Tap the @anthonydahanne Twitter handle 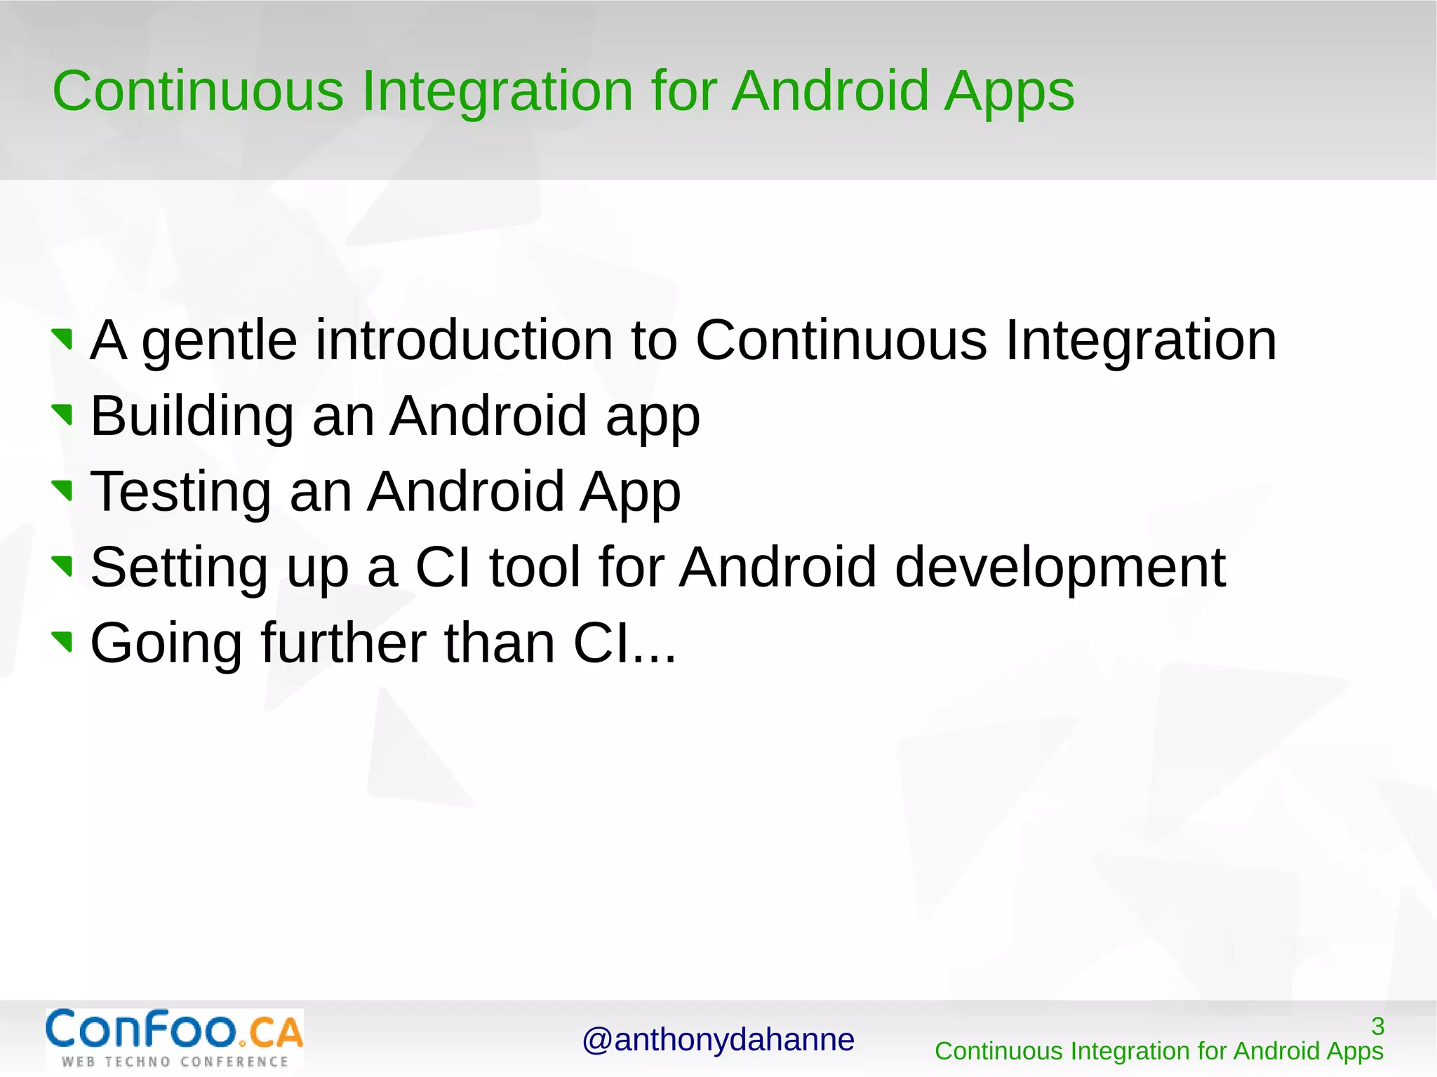(718, 1040)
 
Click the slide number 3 (1377, 1026)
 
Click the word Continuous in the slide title (198, 91)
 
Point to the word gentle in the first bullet (220, 341)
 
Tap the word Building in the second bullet (192, 417)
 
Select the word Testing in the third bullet (180, 493)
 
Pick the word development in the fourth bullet (1060, 568)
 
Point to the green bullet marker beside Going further (63, 640)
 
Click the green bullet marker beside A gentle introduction (63, 338)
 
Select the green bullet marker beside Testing (63, 490)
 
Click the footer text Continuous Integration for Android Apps (1158, 1051)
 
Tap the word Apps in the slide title (1008, 93)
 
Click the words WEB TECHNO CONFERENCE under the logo (175, 1062)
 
